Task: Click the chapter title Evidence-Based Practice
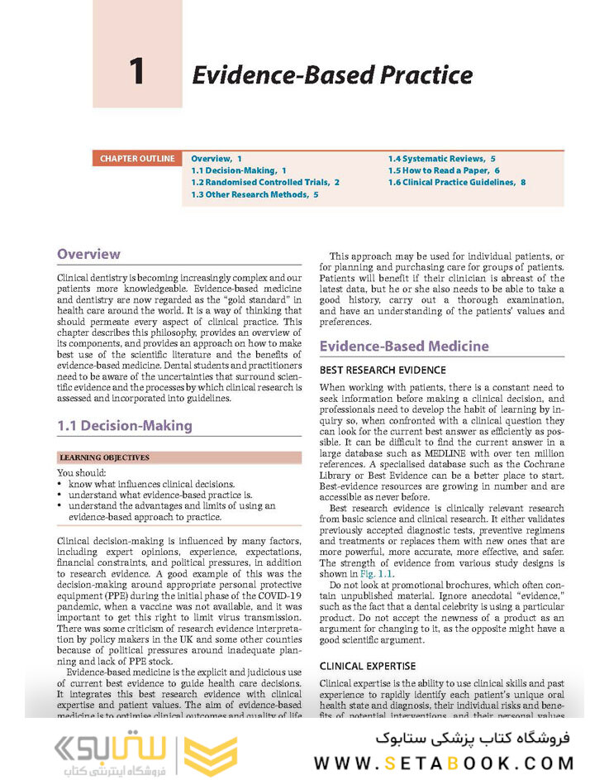coord(332,74)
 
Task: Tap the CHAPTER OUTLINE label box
coord(137,158)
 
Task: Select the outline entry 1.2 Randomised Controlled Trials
coord(265,182)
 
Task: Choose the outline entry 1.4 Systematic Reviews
coord(442,157)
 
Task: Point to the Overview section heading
coord(88,254)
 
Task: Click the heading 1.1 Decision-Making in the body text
coord(124,425)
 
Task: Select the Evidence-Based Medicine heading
coord(404,346)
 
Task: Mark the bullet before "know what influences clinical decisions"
coord(61,484)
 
